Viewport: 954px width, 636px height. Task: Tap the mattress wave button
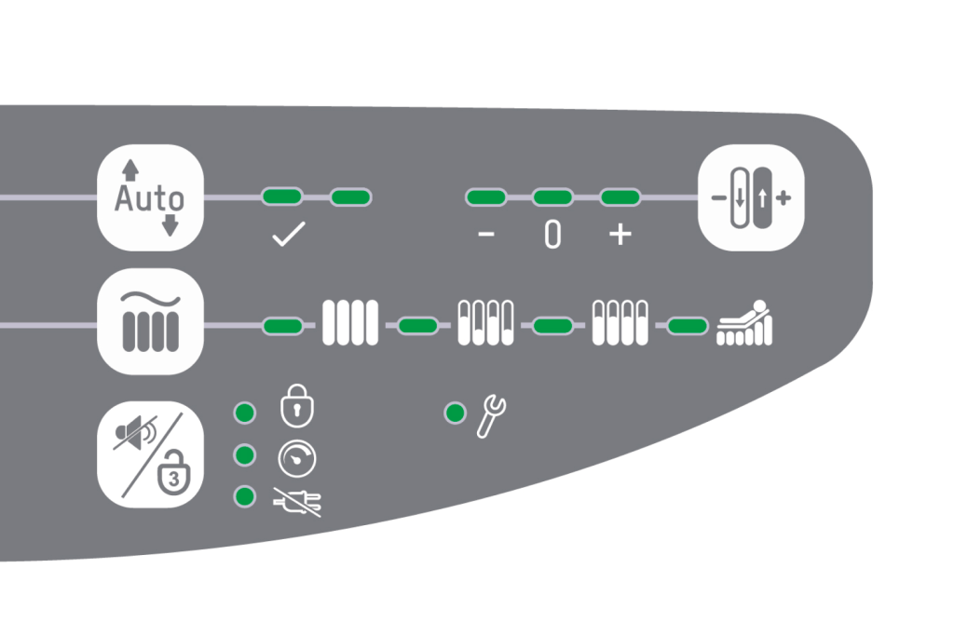[x=150, y=321]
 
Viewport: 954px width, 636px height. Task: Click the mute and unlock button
[x=150, y=454]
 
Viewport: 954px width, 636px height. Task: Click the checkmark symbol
[x=289, y=234]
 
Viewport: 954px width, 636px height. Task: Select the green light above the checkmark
[x=282, y=196]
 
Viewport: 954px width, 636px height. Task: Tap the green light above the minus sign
[x=486, y=197]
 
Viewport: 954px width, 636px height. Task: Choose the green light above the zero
[x=552, y=197]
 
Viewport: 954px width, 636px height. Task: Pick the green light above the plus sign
[x=620, y=197]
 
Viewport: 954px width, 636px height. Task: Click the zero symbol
[x=552, y=235]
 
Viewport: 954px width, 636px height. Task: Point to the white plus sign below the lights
[x=620, y=234]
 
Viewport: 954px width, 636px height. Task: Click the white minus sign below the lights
[x=486, y=234]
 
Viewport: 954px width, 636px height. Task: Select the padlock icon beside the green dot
[x=297, y=406]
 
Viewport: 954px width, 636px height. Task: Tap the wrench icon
[x=491, y=416]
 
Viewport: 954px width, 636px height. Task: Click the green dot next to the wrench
[x=455, y=413]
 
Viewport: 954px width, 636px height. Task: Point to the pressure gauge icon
[x=297, y=458]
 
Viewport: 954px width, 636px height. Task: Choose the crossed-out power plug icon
[x=297, y=502]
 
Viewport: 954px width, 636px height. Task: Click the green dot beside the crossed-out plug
[x=245, y=496]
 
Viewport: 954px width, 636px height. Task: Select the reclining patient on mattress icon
[x=744, y=322]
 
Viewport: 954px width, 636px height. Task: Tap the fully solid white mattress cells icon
[x=350, y=322]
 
